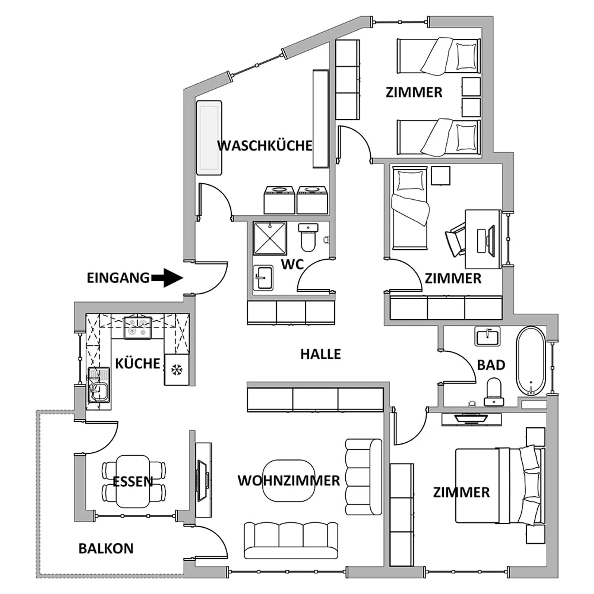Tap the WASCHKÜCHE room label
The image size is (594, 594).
(x=264, y=146)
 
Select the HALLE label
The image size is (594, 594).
(x=321, y=354)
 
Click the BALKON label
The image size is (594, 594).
(x=106, y=548)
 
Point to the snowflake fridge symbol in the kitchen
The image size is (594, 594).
(x=177, y=370)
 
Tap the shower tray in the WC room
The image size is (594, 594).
(x=270, y=238)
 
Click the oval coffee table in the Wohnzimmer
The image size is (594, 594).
(x=289, y=481)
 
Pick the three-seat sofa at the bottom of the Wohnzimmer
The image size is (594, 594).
(x=291, y=540)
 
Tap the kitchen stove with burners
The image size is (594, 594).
(x=138, y=328)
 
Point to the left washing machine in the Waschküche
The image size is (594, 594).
(x=279, y=200)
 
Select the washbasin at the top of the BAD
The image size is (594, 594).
(x=487, y=336)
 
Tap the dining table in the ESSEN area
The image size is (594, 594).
(x=133, y=481)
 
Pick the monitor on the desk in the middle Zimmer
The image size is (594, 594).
(x=491, y=240)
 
